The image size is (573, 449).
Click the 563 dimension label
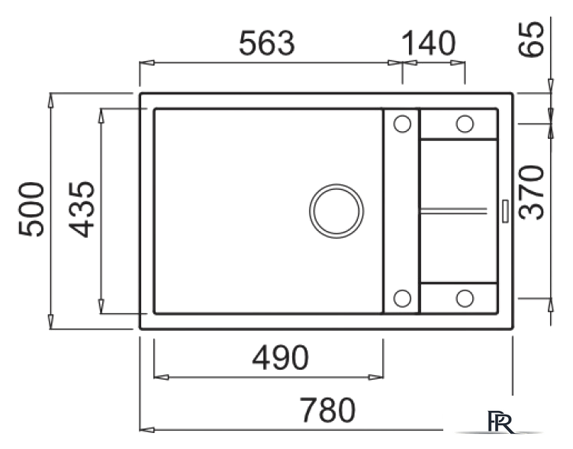point(266,43)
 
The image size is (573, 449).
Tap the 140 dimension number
point(428,43)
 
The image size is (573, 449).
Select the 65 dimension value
point(532,39)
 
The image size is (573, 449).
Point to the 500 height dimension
point(31,209)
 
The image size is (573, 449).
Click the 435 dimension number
point(82,209)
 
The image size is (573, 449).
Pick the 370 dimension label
point(532,192)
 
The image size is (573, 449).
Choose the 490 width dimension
point(280,358)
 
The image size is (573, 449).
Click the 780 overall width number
point(327,410)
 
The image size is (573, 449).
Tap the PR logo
point(501,422)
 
